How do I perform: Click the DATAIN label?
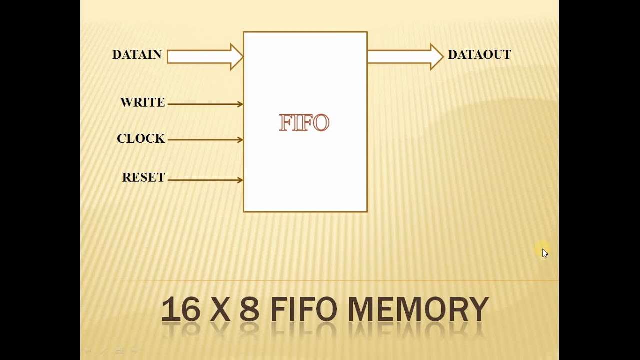(137, 55)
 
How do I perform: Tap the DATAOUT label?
(479, 55)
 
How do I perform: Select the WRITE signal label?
(142, 103)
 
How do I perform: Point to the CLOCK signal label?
(141, 139)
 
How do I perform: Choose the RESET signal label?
(143, 178)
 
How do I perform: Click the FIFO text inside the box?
(304, 123)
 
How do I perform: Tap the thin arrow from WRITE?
(205, 104)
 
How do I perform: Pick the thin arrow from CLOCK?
(205, 140)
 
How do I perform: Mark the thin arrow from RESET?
(205, 180)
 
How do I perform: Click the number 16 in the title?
(181, 309)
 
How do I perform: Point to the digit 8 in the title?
(249, 309)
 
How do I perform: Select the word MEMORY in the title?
(418, 309)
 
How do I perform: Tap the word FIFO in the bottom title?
(304, 309)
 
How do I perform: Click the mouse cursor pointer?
(544, 252)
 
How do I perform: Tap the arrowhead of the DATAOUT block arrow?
(436, 57)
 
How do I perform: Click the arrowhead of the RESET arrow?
(241, 180)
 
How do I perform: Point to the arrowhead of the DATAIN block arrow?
(236, 57)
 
